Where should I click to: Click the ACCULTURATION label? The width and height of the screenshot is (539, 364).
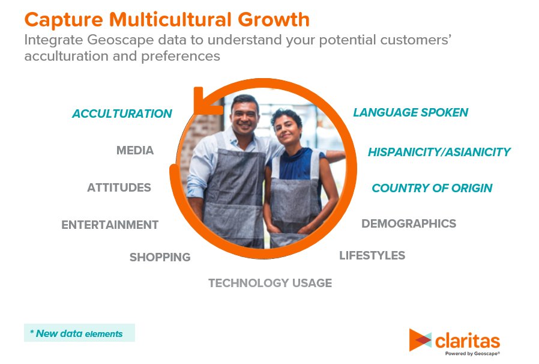(x=122, y=114)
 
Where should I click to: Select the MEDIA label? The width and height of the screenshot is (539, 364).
(x=135, y=150)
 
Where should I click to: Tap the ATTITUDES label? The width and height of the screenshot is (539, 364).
(x=119, y=187)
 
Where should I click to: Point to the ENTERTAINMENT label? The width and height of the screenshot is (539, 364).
(x=110, y=225)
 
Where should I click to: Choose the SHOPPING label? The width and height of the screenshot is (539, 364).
(x=160, y=257)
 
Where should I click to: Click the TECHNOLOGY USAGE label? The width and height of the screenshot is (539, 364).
(x=269, y=283)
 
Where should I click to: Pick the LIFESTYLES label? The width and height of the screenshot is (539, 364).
(x=372, y=255)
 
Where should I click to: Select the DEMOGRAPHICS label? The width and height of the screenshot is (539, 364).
(x=408, y=223)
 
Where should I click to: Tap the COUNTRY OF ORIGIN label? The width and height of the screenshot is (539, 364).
(x=432, y=188)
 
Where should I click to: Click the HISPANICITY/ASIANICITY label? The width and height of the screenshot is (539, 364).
(x=439, y=152)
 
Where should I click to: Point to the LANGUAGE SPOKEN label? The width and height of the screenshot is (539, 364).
(x=411, y=112)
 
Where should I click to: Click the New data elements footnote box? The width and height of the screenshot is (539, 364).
(x=79, y=333)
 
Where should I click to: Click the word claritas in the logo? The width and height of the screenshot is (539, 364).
(x=467, y=341)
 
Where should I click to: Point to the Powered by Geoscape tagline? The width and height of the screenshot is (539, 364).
(x=472, y=354)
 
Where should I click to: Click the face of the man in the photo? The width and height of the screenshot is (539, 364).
(x=242, y=114)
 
